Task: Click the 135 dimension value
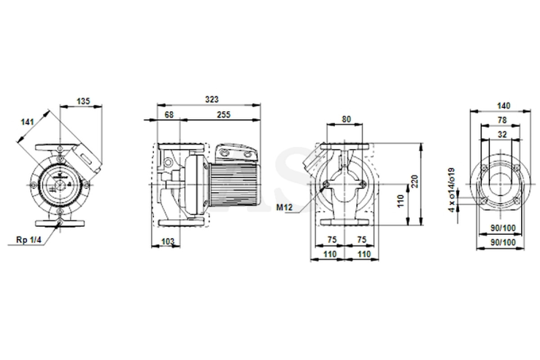click(x=83, y=101)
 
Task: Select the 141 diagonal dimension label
click(x=27, y=122)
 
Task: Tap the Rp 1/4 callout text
click(x=29, y=240)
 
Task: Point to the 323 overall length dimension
click(x=211, y=99)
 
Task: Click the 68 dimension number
click(x=169, y=115)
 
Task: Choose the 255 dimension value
click(x=224, y=115)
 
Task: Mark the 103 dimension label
click(x=167, y=241)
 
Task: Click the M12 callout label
click(x=284, y=207)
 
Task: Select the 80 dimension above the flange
click(x=346, y=119)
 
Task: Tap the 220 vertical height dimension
click(x=414, y=181)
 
